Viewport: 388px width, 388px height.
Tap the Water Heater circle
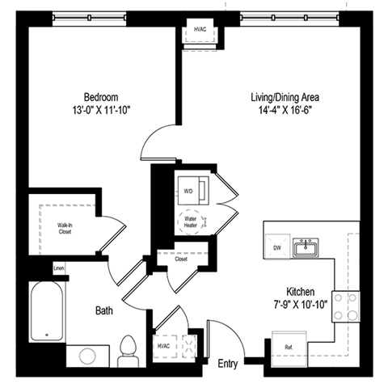tap(192, 221)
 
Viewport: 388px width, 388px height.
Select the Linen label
tap(57, 268)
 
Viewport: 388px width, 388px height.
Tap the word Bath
tap(104, 310)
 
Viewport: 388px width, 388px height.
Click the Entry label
tap(229, 365)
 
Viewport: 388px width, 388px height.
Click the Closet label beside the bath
tap(181, 260)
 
